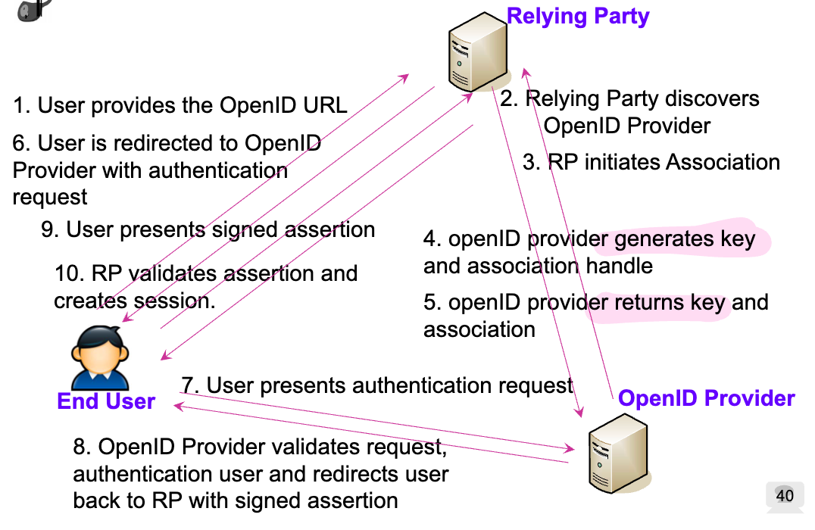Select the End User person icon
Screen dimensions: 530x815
pyautogui.click(x=99, y=357)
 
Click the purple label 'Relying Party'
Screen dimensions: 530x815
pyautogui.click(x=578, y=16)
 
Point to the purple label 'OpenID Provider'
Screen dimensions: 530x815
pyautogui.click(x=706, y=398)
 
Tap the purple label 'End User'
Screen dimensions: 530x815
pyautogui.click(x=106, y=401)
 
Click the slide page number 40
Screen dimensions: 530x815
pyautogui.click(x=785, y=496)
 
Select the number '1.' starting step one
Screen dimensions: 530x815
pyautogui.click(x=21, y=105)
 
